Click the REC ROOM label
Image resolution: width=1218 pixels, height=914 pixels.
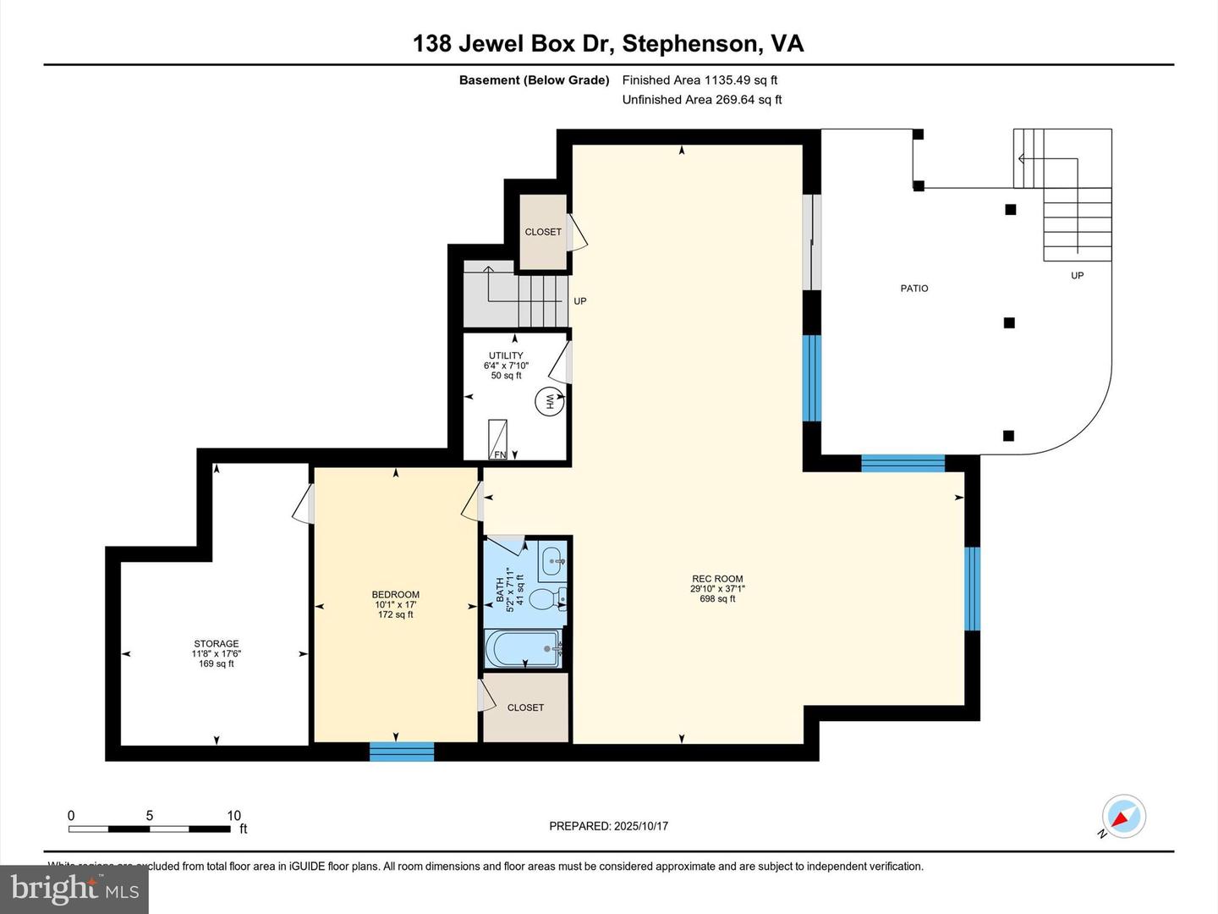[716, 580]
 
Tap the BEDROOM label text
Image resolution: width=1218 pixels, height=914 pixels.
[396, 595]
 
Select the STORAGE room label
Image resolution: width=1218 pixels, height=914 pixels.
[217, 644]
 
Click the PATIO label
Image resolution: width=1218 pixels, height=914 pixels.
[914, 289]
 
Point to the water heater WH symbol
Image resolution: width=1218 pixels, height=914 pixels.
[547, 401]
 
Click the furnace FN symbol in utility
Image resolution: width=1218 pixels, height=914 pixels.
[499, 440]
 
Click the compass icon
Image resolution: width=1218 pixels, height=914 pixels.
[1124, 818]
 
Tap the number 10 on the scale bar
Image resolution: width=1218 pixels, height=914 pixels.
[233, 816]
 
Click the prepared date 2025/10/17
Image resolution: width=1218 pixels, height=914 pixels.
[641, 826]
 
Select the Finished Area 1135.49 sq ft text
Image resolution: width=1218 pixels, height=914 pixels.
[700, 80]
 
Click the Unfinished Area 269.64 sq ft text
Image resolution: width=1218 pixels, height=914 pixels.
[701, 100]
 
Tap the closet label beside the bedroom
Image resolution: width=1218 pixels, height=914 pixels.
[525, 708]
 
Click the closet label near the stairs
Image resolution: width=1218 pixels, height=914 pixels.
[543, 232]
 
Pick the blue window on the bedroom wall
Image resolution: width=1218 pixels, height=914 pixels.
[402, 752]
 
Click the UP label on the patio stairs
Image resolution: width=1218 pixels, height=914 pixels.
[1077, 276]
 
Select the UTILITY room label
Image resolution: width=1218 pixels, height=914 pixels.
[506, 355]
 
